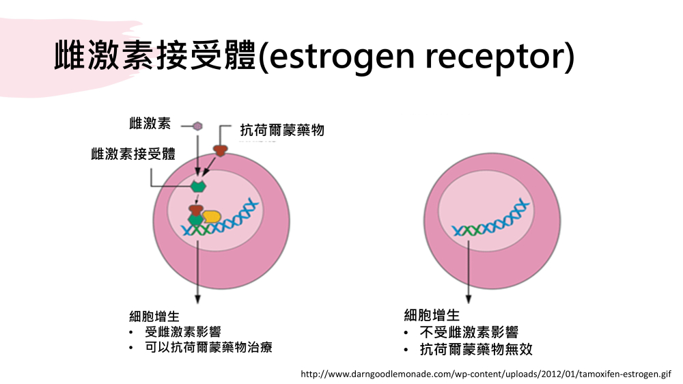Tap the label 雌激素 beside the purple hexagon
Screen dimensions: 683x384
click(150, 124)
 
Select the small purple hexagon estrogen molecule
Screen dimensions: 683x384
click(197, 126)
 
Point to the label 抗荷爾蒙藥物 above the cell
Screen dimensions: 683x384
click(282, 130)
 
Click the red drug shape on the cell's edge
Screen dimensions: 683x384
click(221, 151)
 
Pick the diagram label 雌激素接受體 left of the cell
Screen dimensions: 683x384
click(133, 154)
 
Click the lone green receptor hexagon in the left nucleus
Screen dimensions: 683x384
click(198, 186)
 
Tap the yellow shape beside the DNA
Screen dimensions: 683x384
click(212, 217)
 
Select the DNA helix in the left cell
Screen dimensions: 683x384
click(221, 218)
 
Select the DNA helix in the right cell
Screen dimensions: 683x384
click(491, 219)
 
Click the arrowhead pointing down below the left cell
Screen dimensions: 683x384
click(198, 299)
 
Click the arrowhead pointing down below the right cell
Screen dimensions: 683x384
click(469, 299)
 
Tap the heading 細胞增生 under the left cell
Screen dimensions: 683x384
click(154, 316)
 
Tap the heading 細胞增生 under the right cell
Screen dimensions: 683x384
click(432, 315)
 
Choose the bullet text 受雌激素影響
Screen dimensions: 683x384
click(183, 331)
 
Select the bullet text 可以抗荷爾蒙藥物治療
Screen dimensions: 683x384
click(208, 347)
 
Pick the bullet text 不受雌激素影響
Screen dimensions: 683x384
click(469, 332)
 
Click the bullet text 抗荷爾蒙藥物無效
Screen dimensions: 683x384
click(476, 349)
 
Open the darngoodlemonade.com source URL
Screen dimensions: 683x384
click(486, 374)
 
